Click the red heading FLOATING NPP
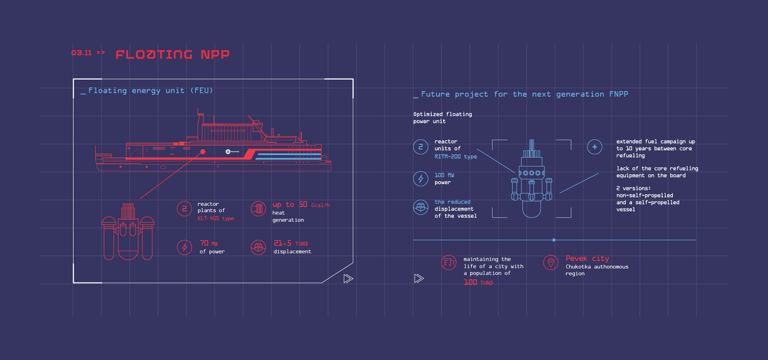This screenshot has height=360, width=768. point(172,54)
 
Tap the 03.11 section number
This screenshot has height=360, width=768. point(81,53)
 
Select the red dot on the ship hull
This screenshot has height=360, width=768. point(203,152)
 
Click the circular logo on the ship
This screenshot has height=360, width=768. point(228,151)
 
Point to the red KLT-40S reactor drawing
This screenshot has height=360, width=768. point(128,232)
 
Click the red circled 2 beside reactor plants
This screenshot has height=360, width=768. point(184,209)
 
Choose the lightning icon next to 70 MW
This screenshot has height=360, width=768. point(184,247)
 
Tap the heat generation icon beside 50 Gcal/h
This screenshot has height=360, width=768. point(258,208)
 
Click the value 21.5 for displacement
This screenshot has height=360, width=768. point(283,243)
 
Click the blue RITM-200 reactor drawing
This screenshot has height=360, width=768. point(531,181)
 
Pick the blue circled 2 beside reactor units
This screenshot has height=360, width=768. point(421,147)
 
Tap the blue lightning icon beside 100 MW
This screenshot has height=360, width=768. point(421,178)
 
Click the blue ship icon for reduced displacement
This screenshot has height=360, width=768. point(421,207)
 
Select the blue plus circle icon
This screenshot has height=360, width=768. point(595,147)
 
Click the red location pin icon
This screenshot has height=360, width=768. point(550,263)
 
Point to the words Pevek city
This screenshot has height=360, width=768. point(587,259)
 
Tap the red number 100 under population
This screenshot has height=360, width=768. point(471,282)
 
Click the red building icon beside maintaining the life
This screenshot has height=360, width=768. point(449,263)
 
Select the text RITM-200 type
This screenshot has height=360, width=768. point(456,156)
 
